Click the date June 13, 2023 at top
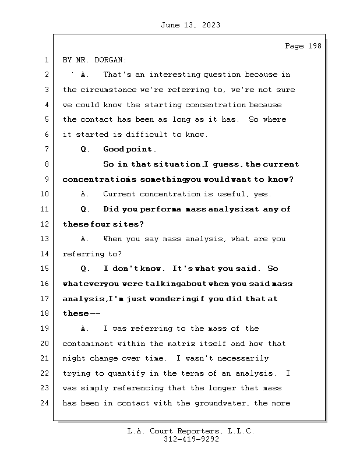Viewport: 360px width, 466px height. (190, 25)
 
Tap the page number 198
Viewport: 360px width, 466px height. (314, 46)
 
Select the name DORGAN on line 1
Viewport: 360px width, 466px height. (110, 60)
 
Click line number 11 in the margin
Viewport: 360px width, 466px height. (46, 209)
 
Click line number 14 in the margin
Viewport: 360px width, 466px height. (46, 254)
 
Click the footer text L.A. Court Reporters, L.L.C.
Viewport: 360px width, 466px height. (190, 431)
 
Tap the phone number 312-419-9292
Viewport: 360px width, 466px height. (190, 439)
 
